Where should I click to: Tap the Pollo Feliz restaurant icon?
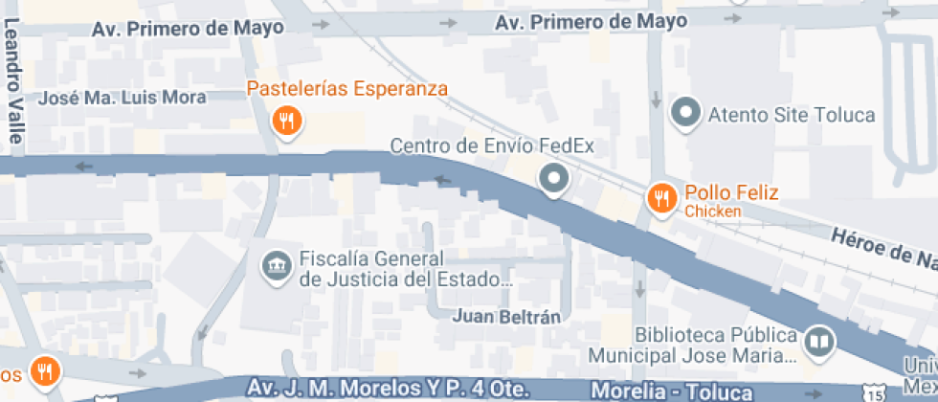pos(660,198)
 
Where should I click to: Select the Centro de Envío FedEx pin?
pos(553,178)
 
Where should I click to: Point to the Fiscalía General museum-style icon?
pos(277,265)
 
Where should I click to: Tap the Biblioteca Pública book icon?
pos(819,342)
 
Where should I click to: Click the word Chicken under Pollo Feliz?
pos(713,211)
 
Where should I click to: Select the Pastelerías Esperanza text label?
pos(347,89)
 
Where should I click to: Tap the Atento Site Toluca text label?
pos(791,115)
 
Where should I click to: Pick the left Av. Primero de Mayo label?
pos(188,29)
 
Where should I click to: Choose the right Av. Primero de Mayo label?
pos(591,21)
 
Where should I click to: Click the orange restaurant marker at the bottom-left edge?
pos(43,368)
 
